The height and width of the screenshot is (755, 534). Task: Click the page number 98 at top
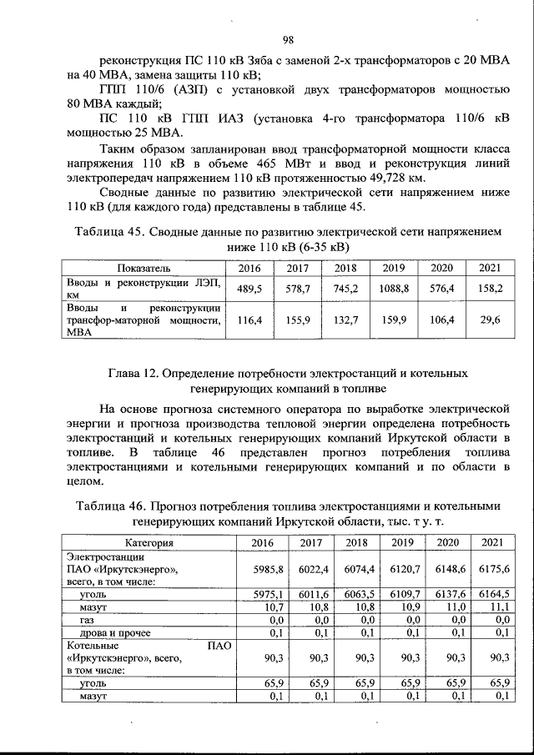tap(288, 39)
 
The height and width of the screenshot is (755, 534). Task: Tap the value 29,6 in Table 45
tap(491, 320)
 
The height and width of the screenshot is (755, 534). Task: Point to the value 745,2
tap(345, 289)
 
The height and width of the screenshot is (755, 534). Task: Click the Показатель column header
tap(144, 268)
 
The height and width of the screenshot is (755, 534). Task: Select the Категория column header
tap(144, 543)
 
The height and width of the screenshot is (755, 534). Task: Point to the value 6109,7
tap(402, 594)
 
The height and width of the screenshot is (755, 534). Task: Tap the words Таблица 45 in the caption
tap(108, 231)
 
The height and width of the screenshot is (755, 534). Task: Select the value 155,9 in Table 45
tap(298, 320)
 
